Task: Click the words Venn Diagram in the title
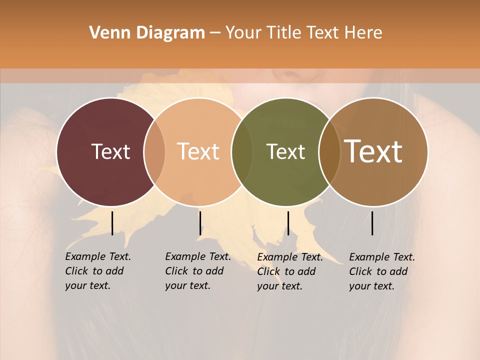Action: (147, 33)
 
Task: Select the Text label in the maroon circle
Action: (110, 151)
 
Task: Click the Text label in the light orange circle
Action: (198, 151)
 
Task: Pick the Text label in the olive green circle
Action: (285, 151)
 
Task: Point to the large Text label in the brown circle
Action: (373, 151)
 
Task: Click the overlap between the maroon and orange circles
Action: (154, 151)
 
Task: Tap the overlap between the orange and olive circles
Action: (242, 151)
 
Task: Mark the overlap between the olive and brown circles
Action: (329, 151)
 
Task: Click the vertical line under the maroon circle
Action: (112, 223)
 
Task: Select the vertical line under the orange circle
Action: (200, 223)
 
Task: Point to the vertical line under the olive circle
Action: (288, 223)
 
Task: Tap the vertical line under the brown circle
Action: (372, 223)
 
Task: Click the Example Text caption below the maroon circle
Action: (97, 271)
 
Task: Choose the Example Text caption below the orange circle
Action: (197, 271)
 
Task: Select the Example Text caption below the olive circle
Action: (289, 271)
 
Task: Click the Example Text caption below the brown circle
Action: (381, 271)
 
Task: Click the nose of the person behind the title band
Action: (288, 76)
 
